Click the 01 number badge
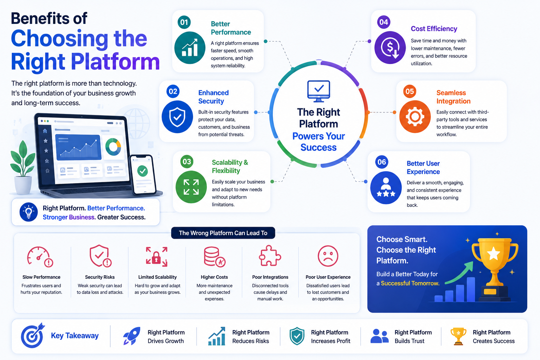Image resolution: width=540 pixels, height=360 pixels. pyautogui.click(x=184, y=22)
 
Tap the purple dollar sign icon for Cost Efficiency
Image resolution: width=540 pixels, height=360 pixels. pyautogui.click(x=390, y=47)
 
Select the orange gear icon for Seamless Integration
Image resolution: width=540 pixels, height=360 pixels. pyautogui.click(x=415, y=117)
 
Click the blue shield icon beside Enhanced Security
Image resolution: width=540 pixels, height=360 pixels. pyautogui.click(x=177, y=117)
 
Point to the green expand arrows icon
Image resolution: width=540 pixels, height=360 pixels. pyautogui.click(x=191, y=187)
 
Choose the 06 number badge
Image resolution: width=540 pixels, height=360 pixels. pyautogui.click(x=382, y=162)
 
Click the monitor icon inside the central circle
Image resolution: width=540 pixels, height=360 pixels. pyautogui.click(x=319, y=91)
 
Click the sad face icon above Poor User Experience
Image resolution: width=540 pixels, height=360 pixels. pyautogui.click(x=328, y=256)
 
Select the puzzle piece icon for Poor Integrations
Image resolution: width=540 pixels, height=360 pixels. pyautogui.click(x=270, y=256)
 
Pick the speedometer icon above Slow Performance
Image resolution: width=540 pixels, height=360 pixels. pyautogui.click(x=40, y=257)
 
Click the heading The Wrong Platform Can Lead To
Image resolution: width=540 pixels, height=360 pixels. pyautogui.click(x=223, y=233)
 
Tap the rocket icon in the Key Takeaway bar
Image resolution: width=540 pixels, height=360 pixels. pyautogui.click(x=131, y=336)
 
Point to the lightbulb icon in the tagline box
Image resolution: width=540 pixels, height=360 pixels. pyautogui.click(x=29, y=212)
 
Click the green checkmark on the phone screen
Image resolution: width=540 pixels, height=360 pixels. pyautogui.click(x=142, y=171)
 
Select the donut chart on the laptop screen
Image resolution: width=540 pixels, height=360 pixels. pyautogui.click(x=113, y=147)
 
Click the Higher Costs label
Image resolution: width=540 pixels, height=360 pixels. pyautogui.click(x=214, y=277)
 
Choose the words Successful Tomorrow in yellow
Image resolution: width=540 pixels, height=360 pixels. pyautogui.click(x=410, y=283)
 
